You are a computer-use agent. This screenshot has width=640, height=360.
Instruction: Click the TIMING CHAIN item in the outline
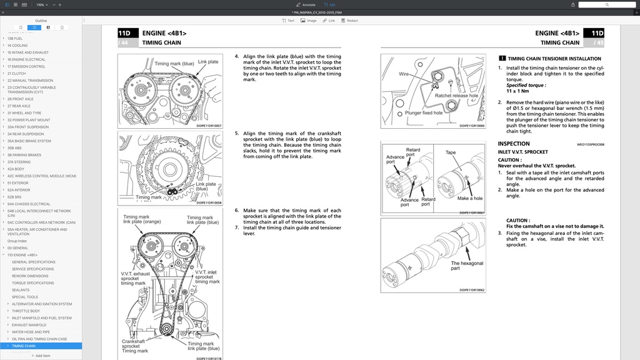(24, 346)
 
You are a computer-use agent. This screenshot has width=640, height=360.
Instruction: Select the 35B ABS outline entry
(15, 148)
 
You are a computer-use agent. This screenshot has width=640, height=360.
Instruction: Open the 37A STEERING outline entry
(19, 162)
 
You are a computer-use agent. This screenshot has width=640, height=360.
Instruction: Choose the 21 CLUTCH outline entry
(16, 73)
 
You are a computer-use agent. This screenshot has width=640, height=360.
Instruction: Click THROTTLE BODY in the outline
(26, 311)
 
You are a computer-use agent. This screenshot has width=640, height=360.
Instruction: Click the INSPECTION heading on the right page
(514, 144)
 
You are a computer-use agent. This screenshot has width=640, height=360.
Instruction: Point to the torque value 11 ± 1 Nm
(517, 91)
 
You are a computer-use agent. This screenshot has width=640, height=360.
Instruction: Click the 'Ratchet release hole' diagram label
(456, 96)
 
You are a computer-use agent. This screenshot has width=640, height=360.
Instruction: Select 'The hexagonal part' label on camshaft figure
(467, 266)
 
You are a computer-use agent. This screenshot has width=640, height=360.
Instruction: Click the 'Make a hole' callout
(470, 198)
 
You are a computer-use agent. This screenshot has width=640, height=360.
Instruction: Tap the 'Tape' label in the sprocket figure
(451, 152)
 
